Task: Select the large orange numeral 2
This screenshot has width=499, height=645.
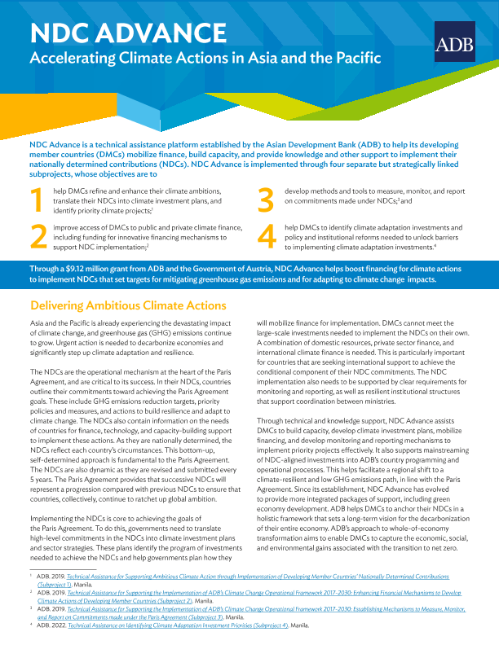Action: point(38,235)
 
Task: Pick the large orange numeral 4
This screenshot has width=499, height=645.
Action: point(267,235)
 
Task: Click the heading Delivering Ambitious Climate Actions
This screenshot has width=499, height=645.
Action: point(127,305)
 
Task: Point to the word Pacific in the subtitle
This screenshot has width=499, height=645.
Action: point(356,59)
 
